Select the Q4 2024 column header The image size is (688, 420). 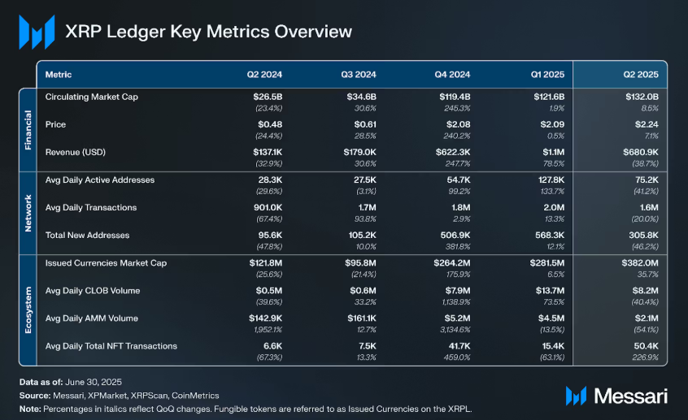[452, 75]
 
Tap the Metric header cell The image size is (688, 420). [59, 75]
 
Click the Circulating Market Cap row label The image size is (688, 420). [92, 97]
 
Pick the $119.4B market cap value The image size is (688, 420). [455, 97]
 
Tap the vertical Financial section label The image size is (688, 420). [27, 129]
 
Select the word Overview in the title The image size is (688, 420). [313, 32]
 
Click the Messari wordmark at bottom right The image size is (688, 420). [631, 396]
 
